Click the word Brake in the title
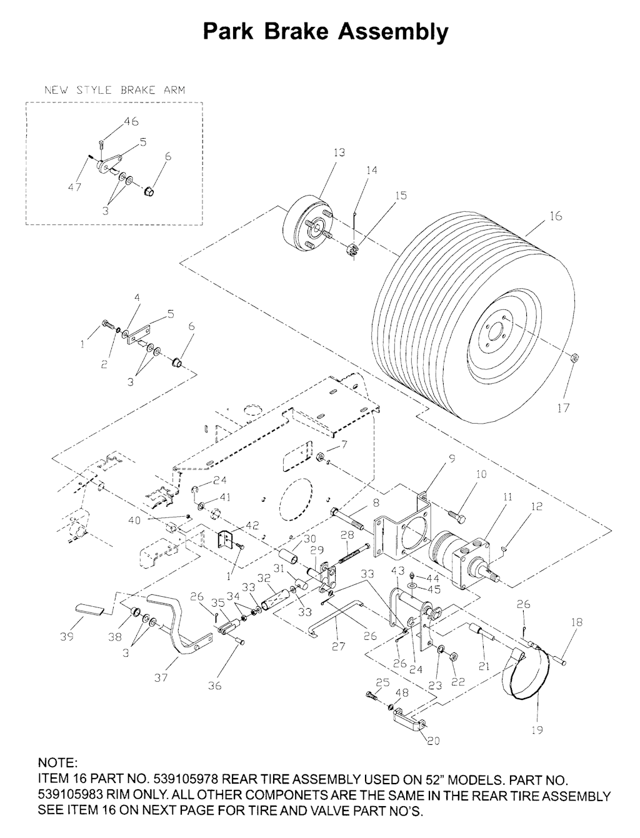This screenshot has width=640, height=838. click(296, 31)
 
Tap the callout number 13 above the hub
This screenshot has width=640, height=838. click(339, 152)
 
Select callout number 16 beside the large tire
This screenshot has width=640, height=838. click(556, 216)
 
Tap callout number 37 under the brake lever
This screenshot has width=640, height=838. click(161, 677)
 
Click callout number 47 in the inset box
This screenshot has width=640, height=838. click(75, 187)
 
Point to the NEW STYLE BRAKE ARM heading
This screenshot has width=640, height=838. click(114, 91)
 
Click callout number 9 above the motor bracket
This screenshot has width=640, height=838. click(452, 459)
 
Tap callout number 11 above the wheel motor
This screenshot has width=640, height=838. click(508, 497)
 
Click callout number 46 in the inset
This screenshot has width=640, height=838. click(131, 121)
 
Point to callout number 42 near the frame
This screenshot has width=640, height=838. click(252, 526)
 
